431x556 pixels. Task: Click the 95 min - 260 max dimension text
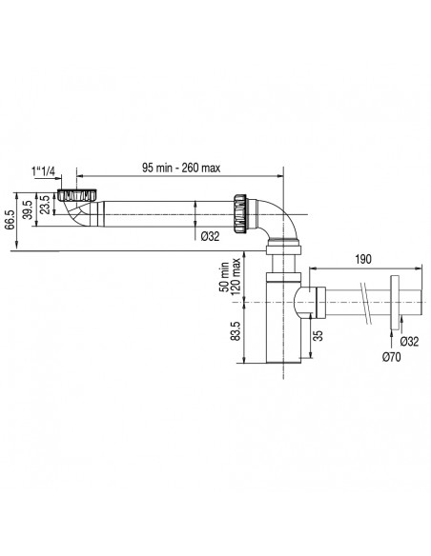[181, 168]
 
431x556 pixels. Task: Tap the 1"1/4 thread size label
[43, 172]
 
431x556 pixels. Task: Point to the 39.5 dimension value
[28, 210]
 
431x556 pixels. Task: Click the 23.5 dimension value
[46, 205]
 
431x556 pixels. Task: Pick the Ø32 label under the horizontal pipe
[210, 236]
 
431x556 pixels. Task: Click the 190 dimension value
[363, 259]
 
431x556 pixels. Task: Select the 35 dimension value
[319, 335]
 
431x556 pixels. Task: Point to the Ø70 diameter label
[391, 357]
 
